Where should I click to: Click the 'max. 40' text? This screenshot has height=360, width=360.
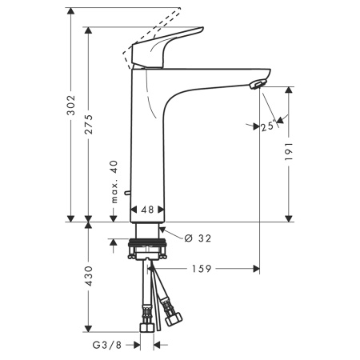pos(115,182)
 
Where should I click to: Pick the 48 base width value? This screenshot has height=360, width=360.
pos(147,210)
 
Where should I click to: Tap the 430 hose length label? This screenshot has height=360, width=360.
pos(90,276)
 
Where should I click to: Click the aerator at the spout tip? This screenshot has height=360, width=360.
pos(255,86)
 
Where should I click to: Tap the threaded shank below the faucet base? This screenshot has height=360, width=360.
pos(147,231)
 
